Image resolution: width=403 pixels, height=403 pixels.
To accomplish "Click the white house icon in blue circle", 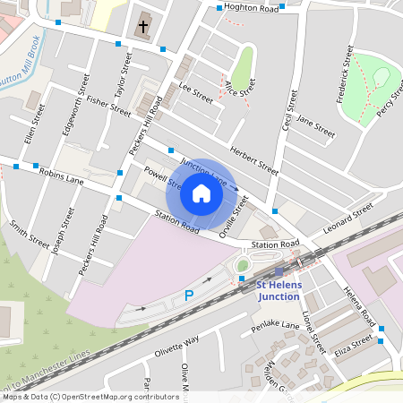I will [201, 193].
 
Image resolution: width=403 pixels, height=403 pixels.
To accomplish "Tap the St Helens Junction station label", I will [280, 290].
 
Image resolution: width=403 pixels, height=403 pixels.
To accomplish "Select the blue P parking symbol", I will [189, 295].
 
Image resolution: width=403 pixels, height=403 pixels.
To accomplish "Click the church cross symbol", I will [143, 26].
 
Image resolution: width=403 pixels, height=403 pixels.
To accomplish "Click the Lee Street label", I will [196, 92].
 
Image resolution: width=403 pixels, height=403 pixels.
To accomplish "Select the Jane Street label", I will [314, 126].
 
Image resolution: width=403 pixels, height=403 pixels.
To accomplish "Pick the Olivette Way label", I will [176, 347].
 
